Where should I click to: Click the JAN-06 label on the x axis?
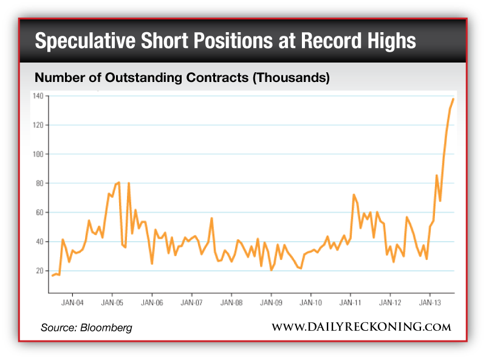(152, 302)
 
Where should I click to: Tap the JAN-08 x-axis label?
(231, 302)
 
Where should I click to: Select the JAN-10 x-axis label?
(311, 302)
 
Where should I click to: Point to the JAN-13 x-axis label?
(430, 302)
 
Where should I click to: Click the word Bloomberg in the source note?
(107, 328)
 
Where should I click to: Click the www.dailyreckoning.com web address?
(361, 327)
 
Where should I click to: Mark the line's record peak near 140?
(453, 98)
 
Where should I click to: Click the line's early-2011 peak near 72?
(354, 195)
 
